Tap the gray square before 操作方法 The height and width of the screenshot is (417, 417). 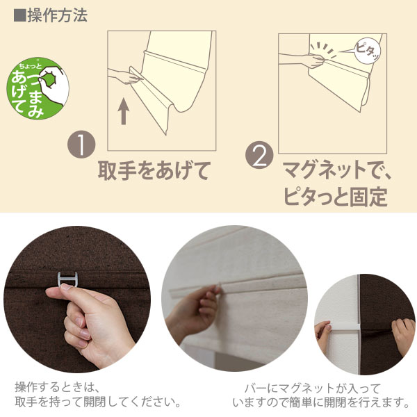coord(20,16)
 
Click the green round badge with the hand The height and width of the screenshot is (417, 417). coord(38,88)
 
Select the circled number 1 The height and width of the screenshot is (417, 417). coord(81,145)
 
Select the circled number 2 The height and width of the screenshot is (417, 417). coord(259,155)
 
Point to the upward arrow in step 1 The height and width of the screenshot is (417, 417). coord(124,111)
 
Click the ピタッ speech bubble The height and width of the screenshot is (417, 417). coord(368,51)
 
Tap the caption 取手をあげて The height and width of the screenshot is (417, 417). coord(154,171)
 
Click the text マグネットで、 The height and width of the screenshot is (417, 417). coord(337,170)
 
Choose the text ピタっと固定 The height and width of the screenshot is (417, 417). coord(336,197)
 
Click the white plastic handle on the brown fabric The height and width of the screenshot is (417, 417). coord(67,280)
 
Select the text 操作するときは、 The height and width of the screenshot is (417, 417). coord(57,387)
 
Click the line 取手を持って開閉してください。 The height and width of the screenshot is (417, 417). coord(98,402)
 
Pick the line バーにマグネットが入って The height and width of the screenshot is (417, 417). coord(312,389)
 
